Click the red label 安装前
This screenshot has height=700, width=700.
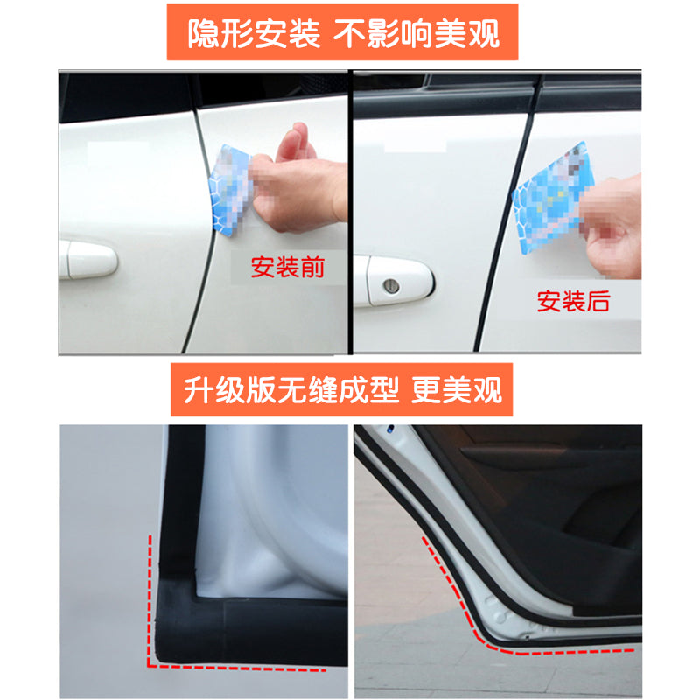coord(287,267)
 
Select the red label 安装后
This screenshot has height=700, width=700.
coord(573,303)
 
